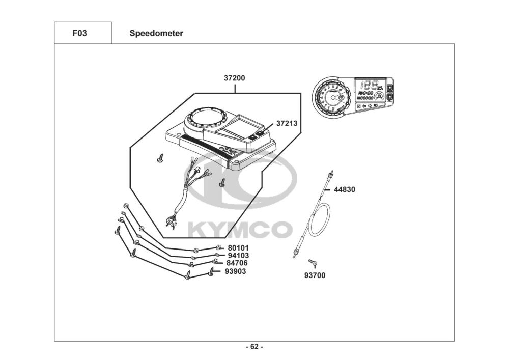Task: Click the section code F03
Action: tap(79, 34)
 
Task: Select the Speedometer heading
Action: tap(156, 34)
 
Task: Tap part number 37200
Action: tap(234, 78)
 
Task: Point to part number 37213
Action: tap(287, 123)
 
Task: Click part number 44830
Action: tap(344, 189)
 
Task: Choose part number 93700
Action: tap(315, 275)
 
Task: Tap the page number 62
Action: tap(254, 347)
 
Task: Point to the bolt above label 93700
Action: tap(313, 263)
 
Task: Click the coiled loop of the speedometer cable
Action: tap(320, 219)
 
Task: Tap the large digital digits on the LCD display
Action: tap(367, 84)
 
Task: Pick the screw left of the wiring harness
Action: tap(160, 159)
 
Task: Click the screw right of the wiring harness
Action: tap(222, 182)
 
